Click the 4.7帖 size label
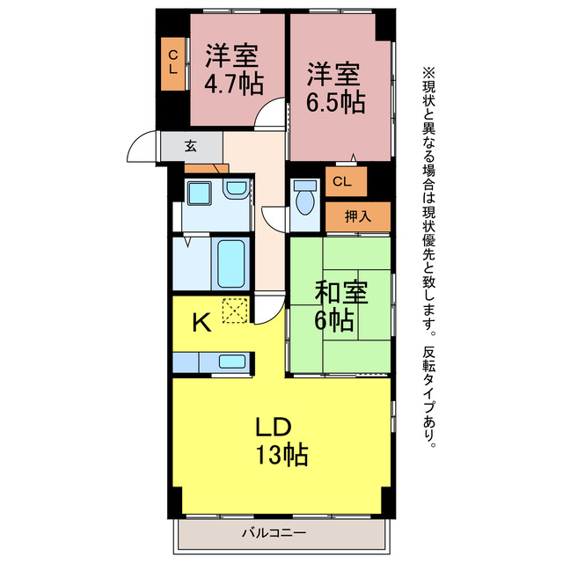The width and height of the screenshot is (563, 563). [x=232, y=84]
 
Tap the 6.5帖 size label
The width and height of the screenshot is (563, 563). [x=335, y=101]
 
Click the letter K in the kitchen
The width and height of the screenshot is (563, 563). [x=201, y=323]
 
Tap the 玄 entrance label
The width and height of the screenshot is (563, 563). [x=191, y=147]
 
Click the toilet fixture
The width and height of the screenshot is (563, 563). [x=304, y=198]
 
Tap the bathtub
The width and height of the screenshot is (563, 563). [x=231, y=262]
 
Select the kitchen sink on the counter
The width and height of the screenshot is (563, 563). [x=232, y=361]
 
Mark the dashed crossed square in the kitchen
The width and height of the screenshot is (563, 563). [x=235, y=311]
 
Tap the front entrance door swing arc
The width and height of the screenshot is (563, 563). [x=140, y=149]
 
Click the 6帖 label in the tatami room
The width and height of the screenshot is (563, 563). [x=335, y=321]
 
